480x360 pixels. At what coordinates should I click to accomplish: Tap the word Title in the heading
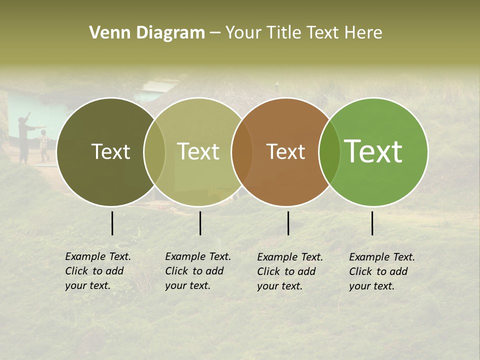[x=284, y=33]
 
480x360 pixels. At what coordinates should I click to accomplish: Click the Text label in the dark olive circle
[x=110, y=151]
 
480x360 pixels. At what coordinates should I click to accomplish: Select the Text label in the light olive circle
[x=198, y=151]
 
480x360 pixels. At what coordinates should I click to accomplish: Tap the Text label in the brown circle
[x=285, y=151]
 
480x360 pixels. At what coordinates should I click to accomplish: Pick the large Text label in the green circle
[x=373, y=151]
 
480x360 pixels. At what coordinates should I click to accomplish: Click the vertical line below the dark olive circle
[x=112, y=223]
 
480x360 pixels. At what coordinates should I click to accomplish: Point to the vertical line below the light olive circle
[x=200, y=223]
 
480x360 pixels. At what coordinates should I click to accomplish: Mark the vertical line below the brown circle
[x=288, y=223]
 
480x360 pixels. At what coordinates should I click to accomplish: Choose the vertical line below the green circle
[x=372, y=223]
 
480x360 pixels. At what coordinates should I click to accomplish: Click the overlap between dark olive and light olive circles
[x=154, y=151]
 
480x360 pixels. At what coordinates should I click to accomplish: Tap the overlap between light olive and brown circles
[x=241, y=151]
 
